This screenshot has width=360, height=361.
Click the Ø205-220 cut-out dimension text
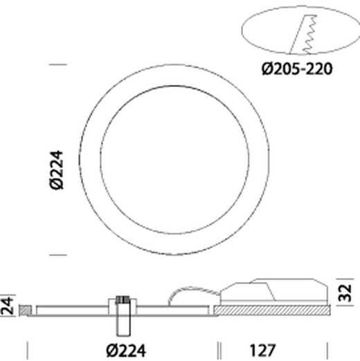click(x=298, y=68)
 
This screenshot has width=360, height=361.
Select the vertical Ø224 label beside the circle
click(x=57, y=169)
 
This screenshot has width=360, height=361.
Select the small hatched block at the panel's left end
click(x=24, y=309)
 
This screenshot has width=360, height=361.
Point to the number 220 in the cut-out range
click(x=321, y=68)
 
